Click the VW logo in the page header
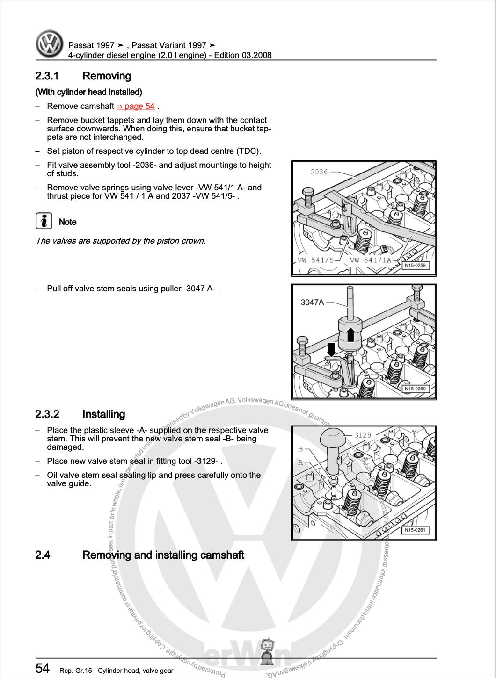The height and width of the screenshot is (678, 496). coord(49,44)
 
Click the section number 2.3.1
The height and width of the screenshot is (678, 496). coord(47,76)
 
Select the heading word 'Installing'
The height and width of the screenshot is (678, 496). coord(103,414)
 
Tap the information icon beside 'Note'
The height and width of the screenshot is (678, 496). coord(44,221)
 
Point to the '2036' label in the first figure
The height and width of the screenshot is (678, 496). coord(319,172)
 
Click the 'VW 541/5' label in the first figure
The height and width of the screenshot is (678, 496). coord(316,260)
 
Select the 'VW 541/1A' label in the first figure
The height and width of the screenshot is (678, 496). coord(370,260)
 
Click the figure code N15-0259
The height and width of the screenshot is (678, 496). coord(415,265)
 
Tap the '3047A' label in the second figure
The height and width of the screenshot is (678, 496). coord(312,302)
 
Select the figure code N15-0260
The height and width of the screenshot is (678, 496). coord(415,389)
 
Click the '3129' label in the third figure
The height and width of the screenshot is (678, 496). coord(363,435)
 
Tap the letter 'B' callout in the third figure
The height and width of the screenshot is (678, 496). coord(301,449)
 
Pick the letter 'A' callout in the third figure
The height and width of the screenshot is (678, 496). coord(301,462)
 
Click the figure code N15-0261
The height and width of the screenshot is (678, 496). coord(415,530)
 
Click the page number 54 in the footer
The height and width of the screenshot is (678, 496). coord(42,668)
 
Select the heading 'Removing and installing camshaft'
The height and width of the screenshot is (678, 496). coord(163,555)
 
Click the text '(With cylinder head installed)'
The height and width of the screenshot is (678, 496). coord(88,92)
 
